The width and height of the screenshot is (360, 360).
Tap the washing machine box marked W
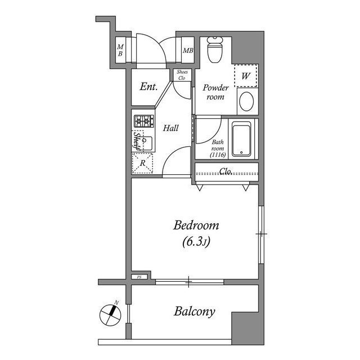click(246, 75)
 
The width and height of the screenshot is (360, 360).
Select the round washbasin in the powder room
click(246, 102)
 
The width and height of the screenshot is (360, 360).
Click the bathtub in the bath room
click(241, 139)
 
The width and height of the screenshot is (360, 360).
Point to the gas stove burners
click(143, 120)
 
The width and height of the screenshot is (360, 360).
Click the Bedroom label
click(196, 226)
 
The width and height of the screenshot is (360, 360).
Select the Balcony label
click(195, 311)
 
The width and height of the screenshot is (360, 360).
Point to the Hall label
click(171, 128)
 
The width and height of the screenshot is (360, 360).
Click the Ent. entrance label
click(148, 87)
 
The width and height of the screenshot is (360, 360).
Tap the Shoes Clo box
click(182, 75)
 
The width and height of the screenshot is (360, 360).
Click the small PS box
click(140, 277)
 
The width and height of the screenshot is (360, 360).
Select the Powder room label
click(215, 92)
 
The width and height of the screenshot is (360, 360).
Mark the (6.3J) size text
click(196, 242)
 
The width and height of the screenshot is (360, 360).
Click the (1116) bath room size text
click(218, 155)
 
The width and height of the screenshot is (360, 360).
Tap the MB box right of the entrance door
click(188, 51)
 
